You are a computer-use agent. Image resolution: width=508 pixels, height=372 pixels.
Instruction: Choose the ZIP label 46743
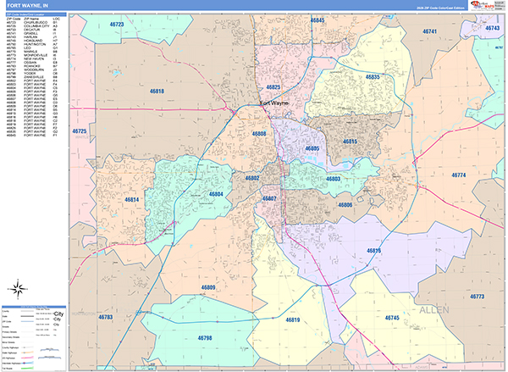[x=492, y=28]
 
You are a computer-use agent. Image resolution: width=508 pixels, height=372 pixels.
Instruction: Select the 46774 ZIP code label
[x=458, y=175]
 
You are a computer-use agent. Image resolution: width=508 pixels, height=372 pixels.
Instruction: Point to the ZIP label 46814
[x=130, y=199]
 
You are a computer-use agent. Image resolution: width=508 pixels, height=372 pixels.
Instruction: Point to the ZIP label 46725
[x=80, y=132]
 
